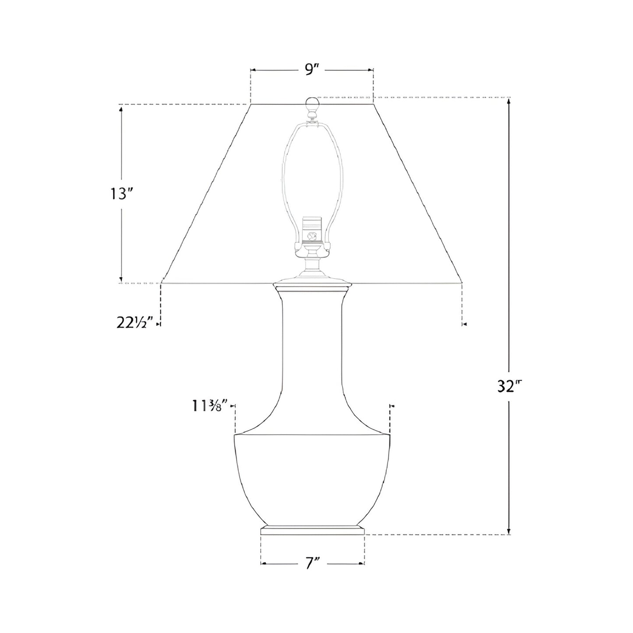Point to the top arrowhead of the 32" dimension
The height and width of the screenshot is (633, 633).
(x=508, y=101)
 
